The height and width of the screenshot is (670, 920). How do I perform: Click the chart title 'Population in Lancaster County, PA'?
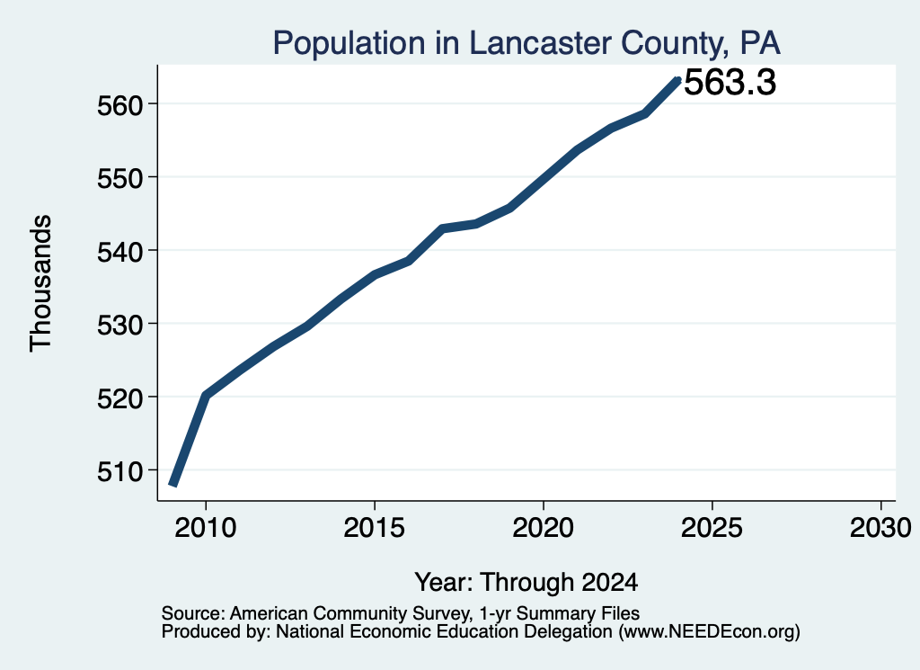pyautogui.click(x=526, y=43)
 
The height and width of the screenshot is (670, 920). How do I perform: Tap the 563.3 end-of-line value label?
pyautogui.click(x=730, y=82)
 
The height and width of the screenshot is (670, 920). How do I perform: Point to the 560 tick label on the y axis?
pyautogui.click(x=119, y=106)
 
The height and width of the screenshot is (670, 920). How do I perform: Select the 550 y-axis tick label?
pyautogui.click(x=119, y=178)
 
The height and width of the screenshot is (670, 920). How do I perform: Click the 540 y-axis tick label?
pyautogui.click(x=119, y=252)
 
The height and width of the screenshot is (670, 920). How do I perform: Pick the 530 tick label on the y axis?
pyautogui.click(x=119, y=326)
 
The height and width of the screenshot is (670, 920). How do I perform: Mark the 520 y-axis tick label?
pyautogui.click(x=119, y=398)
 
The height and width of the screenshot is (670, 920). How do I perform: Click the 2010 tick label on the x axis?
pyautogui.click(x=206, y=527)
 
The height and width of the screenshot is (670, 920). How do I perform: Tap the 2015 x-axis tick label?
pyautogui.click(x=375, y=527)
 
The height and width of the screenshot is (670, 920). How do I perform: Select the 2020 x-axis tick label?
pyautogui.click(x=544, y=527)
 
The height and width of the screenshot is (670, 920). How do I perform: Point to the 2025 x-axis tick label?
pyautogui.click(x=712, y=527)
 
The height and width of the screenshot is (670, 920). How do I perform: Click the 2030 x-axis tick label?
pyautogui.click(x=880, y=527)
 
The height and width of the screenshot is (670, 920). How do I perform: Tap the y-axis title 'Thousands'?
pyautogui.click(x=41, y=283)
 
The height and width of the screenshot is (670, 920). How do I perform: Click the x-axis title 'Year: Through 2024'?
pyautogui.click(x=526, y=583)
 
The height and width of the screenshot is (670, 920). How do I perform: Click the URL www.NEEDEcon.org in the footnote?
pyautogui.click(x=710, y=632)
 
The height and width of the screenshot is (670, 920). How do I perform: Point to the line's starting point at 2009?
pyautogui.click(x=172, y=485)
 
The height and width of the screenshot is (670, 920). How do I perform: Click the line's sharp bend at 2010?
pyautogui.click(x=206, y=395)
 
